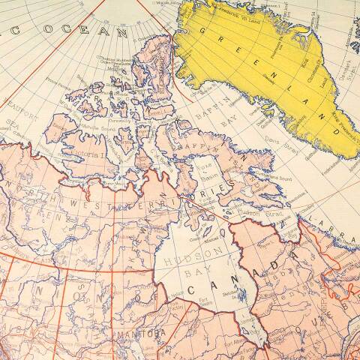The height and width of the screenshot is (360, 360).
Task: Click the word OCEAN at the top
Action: click(x=75, y=31)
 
